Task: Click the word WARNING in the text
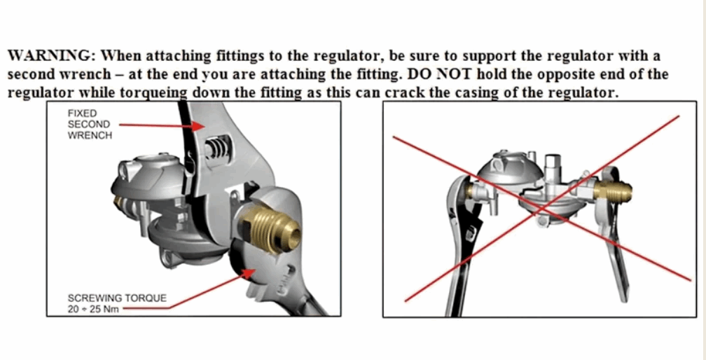[50, 56]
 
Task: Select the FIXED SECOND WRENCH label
[89, 124]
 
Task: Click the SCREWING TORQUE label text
[117, 298]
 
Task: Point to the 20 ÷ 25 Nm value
[93, 310]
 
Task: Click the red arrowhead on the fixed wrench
[198, 127]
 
